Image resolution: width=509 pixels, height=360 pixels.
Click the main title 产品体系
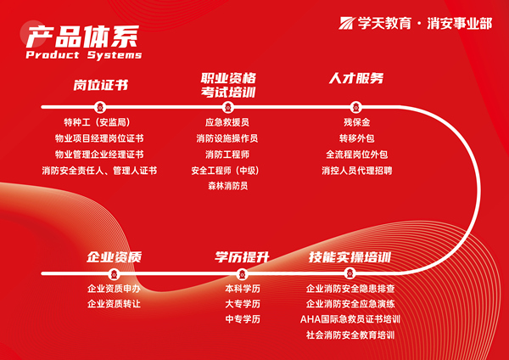pyautogui.click(x=81, y=36)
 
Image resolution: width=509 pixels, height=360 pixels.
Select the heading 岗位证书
pyautogui.click(x=101, y=85)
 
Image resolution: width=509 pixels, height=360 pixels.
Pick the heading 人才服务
pyautogui.click(x=356, y=79)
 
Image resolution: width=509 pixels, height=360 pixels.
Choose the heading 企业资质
pyautogui.click(x=114, y=256)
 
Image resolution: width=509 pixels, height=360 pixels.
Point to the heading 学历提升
pyautogui.click(x=242, y=256)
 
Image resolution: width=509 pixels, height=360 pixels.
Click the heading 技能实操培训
pyautogui.click(x=350, y=256)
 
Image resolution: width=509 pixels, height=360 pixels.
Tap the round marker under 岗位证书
pyautogui.click(x=100, y=107)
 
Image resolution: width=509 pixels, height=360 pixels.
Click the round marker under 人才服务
pyautogui.click(x=355, y=107)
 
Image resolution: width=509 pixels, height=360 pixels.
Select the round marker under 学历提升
pyautogui.click(x=242, y=273)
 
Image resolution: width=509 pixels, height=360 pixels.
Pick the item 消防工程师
pyautogui.click(x=227, y=155)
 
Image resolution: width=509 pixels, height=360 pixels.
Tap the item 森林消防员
pyautogui.click(x=227, y=187)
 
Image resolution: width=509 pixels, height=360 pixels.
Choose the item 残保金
pyautogui.click(x=355, y=122)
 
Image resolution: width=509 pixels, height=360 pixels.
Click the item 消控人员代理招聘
pyautogui.click(x=356, y=171)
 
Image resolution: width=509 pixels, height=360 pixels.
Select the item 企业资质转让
pyautogui.click(x=114, y=304)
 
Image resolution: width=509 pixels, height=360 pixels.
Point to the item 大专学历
pyautogui.click(x=242, y=304)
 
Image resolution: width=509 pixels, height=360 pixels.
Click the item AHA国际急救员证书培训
pyautogui.click(x=350, y=319)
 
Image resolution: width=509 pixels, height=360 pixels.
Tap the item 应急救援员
pyautogui.click(x=227, y=122)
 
